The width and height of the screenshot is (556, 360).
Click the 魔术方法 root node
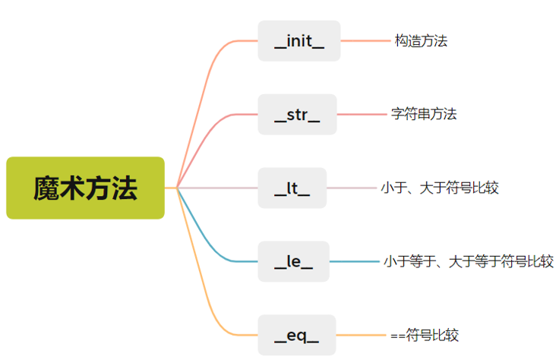[85, 188]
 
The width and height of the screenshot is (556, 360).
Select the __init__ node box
[299, 41]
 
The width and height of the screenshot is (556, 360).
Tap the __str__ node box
[297, 115]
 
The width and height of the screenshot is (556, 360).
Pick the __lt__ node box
[292, 188]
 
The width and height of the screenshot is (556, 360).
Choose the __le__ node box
[293, 261]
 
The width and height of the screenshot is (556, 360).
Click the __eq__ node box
[295, 335]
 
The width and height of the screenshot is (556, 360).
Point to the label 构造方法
[421, 41]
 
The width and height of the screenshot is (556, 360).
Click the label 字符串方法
[424, 115]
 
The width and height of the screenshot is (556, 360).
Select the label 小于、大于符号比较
[440, 188]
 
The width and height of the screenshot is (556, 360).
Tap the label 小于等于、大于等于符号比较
[468, 262]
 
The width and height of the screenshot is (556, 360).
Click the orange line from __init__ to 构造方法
[365, 41]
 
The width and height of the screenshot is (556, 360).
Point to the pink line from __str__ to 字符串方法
[362, 115]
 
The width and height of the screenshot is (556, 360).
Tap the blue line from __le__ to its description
[354, 261]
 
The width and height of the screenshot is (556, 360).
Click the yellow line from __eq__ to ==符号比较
[362, 335]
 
